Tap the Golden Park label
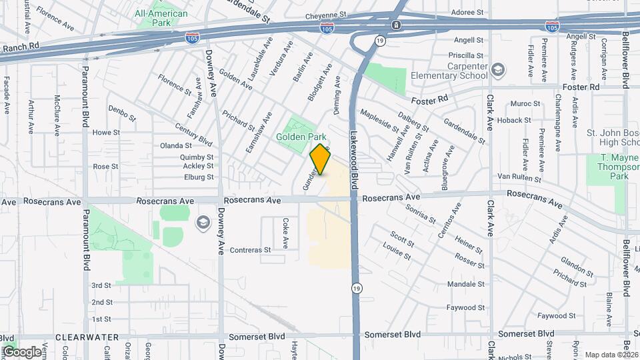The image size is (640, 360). click(x=301, y=137)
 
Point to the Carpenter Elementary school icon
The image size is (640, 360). click(x=498, y=69)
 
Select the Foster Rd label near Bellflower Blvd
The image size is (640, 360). click(x=581, y=87)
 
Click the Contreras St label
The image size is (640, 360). click(x=250, y=250)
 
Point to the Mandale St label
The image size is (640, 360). click(x=465, y=284)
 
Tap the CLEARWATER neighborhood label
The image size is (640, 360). click(x=87, y=337)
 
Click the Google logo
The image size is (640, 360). click(x=21, y=351)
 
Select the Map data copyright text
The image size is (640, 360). click(x=609, y=355)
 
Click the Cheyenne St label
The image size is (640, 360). click(x=327, y=14)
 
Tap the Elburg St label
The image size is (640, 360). click(x=199, y=177)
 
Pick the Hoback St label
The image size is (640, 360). click(x=513, y=121)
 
